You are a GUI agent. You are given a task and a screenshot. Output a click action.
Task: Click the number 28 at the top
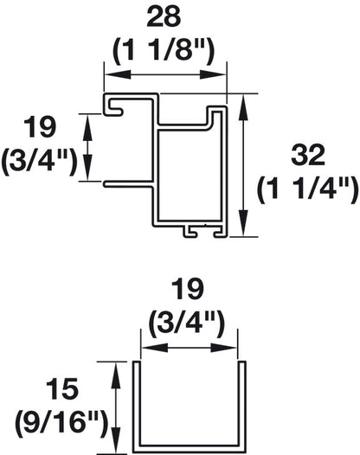pos(165,18)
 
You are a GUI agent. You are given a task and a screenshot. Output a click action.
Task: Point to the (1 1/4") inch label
pos(307,187)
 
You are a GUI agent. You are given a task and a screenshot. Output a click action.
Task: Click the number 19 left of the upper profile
pos(38,128)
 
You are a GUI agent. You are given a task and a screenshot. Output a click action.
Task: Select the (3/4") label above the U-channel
pos(190,324)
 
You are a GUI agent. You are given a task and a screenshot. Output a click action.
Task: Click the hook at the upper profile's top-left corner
pos(112,106)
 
